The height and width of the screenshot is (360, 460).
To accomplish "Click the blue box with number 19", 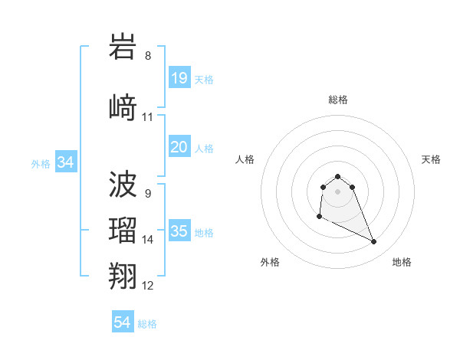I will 179,77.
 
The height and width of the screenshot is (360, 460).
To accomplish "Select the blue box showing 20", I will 179,147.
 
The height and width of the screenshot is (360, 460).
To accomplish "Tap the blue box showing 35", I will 179,231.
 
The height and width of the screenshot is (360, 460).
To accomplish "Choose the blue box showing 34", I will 65,162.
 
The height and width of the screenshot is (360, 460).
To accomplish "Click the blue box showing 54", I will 123,322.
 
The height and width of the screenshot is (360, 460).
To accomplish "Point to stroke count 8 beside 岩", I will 148,56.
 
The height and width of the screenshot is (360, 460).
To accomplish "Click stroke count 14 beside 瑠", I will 148,240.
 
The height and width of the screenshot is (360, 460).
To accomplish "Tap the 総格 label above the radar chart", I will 338,100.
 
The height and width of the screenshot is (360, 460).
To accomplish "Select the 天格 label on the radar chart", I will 431,159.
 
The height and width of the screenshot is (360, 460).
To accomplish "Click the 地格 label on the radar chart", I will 402,262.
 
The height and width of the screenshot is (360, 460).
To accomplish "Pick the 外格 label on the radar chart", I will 270,262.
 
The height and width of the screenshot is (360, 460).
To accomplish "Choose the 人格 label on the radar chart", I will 245,159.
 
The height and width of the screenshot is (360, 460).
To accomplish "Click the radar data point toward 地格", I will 374,242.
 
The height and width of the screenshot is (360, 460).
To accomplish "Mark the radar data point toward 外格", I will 319,217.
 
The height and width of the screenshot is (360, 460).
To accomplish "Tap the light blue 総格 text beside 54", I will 147,324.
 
